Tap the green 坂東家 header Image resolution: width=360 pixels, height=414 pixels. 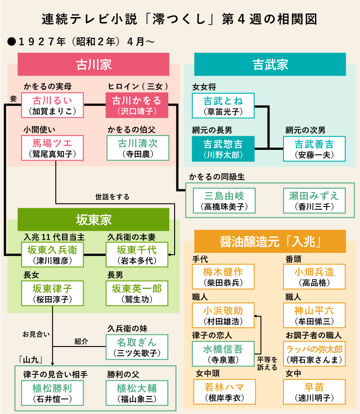coord(93,219)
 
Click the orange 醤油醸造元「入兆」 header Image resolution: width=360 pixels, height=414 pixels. coord(270,241)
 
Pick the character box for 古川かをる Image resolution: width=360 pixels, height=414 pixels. coord(136,105)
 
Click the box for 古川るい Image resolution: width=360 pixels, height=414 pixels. coord(52,105)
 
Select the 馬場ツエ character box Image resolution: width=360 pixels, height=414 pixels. coord(52,148)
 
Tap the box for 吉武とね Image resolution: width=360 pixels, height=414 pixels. coord(223,106)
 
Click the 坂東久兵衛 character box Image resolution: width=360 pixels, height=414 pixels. coord(52,255)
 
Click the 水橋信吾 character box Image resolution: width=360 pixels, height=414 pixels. coord(223,354)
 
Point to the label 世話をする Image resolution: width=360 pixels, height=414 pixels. coord(112,197)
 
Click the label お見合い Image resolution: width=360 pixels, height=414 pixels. coord(36,334)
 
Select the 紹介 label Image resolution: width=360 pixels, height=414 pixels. coord(81,342)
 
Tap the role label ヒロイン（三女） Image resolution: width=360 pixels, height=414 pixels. coord(138,86)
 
